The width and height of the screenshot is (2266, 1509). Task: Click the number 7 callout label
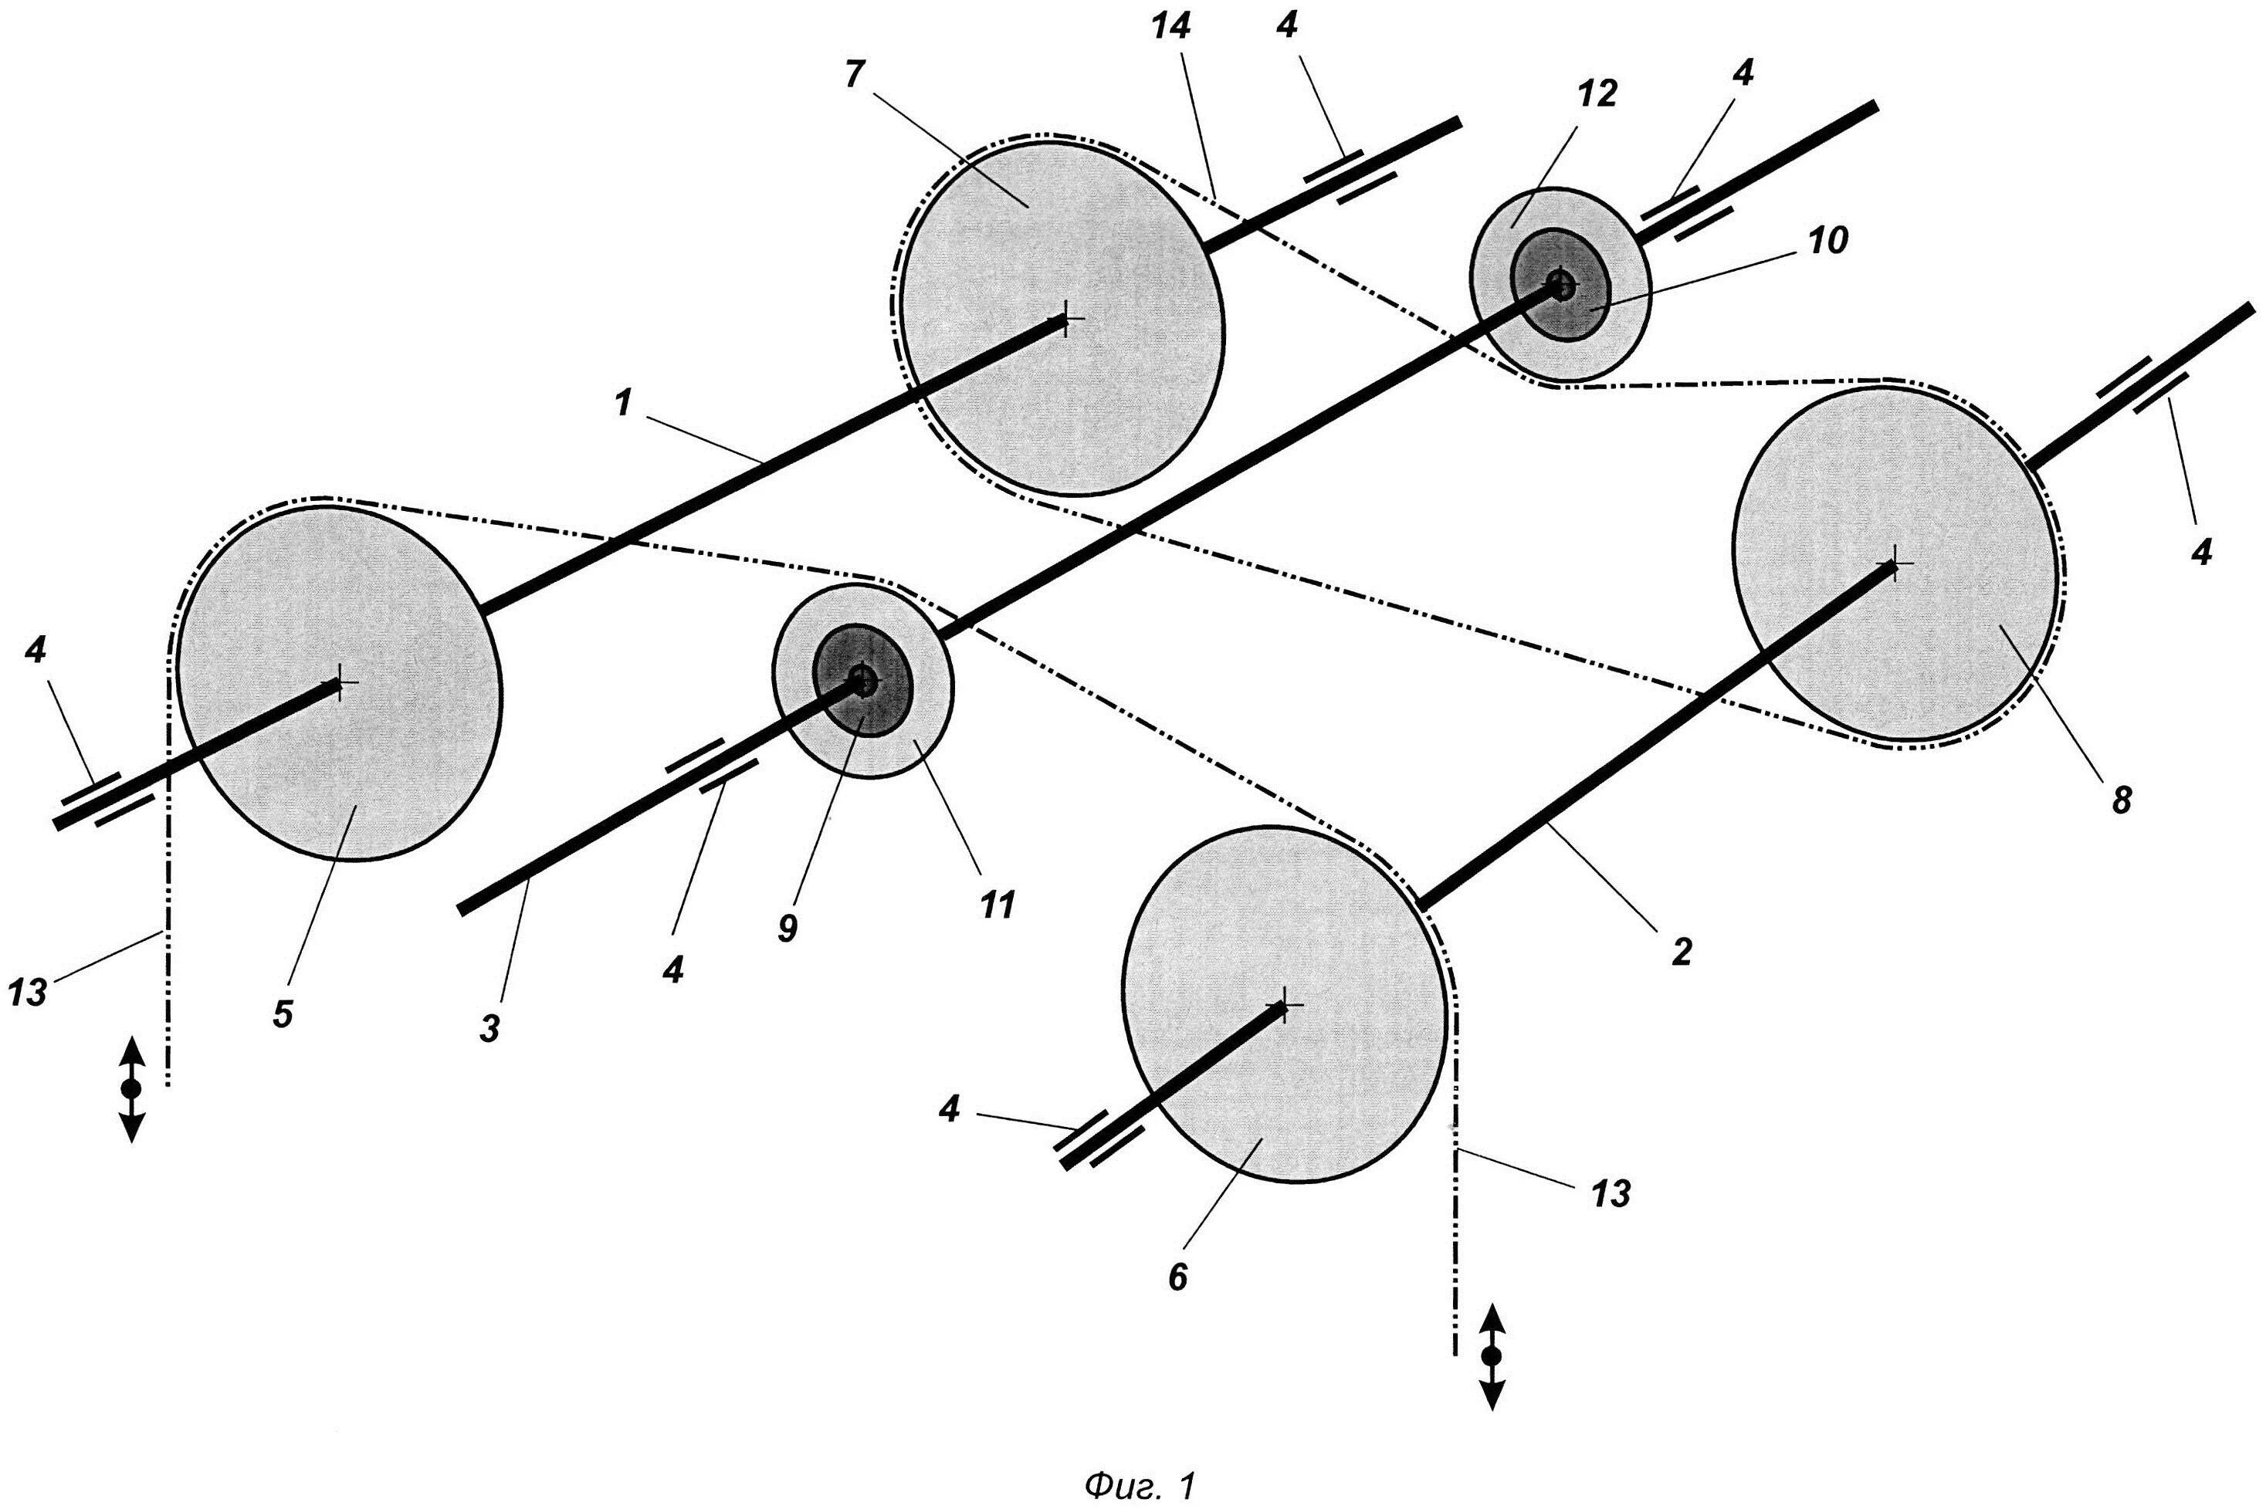[854, 74]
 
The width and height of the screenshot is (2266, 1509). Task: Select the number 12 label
[1598, 94]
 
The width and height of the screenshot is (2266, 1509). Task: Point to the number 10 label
[1826, 241]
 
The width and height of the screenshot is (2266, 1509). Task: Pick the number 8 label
[2122, 800]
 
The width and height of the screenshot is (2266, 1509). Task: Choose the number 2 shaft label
[1680, 951]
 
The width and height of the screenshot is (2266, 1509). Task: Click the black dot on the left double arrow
[131, 1088]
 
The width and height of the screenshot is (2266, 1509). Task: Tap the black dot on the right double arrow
[1491, 1357]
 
